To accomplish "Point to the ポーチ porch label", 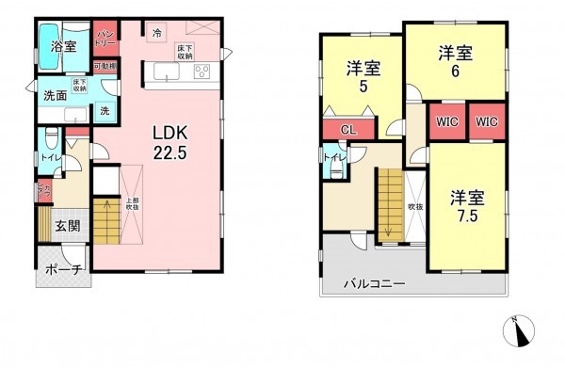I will click(x=64, y=271).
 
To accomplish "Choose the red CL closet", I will click(x=347, y=131).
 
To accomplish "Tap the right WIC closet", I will click(x=486, y=122).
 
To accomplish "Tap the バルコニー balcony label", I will click(x=374, y=283).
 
